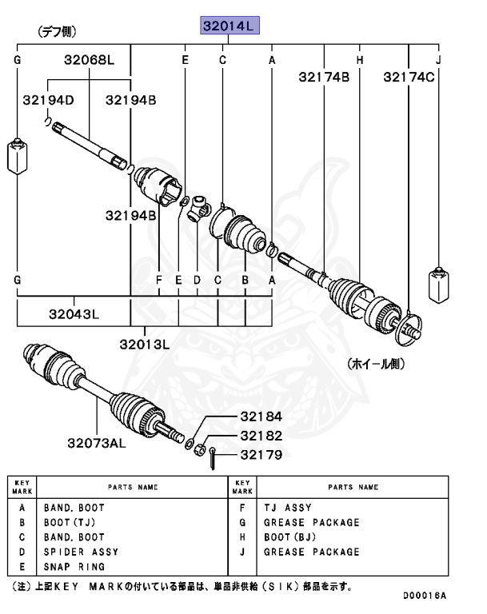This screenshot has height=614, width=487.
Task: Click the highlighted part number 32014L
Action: pyautogui.click(x=229, y=27)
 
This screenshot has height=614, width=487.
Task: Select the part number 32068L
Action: pyautogui.click(x=90, y=60)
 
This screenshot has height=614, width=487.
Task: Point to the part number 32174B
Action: pyautogui.click(x=325, y=78)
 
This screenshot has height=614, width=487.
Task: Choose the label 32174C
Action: pyautogui.click(x=409, y=78)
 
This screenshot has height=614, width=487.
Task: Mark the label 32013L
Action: pyautogui.click(x=145, y=345)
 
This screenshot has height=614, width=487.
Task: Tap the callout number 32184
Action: pyautogui.click(x=261, y=417)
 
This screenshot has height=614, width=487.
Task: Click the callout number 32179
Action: pyautogui.click(x=261, y=455)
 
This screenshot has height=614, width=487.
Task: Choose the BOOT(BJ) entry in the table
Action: pyautogui.click(x=290, y=537)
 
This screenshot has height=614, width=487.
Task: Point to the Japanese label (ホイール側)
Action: pyautogui.click(x=376, y=364)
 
